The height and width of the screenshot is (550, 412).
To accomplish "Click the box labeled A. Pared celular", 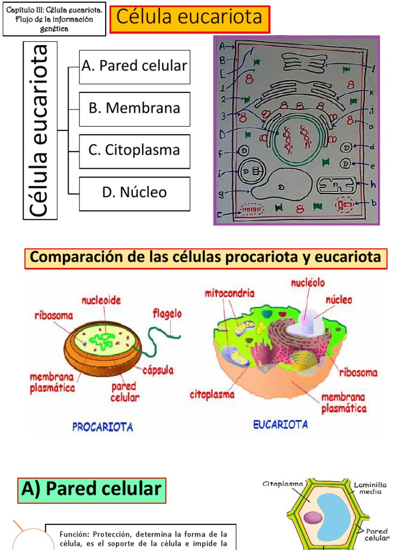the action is click(135, 67).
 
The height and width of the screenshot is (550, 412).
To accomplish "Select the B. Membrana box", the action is click(135, 108).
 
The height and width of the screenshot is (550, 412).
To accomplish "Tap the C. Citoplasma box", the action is click(135, 150).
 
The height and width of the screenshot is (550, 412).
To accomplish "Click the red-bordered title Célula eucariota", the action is click(190, 18).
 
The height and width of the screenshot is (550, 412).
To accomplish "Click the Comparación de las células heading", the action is click(205, 258).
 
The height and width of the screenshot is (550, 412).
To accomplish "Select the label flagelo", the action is click(167, 313).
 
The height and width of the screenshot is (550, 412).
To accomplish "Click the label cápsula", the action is click(158, 370).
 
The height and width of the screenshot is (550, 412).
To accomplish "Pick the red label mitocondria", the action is click(230, 294).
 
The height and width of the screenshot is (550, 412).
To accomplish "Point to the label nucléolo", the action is click(308, 283).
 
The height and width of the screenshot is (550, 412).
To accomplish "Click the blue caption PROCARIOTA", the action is click(102, 428).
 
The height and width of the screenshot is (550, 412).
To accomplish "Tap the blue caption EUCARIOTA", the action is click(281, 425).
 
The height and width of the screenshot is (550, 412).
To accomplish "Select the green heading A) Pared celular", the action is click(92, 489).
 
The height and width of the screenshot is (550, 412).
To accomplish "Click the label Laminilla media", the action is click(370, 488).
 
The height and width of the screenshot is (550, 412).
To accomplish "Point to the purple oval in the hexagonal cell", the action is click(313, 518).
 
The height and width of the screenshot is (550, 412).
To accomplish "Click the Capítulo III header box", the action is click(54, 19).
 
